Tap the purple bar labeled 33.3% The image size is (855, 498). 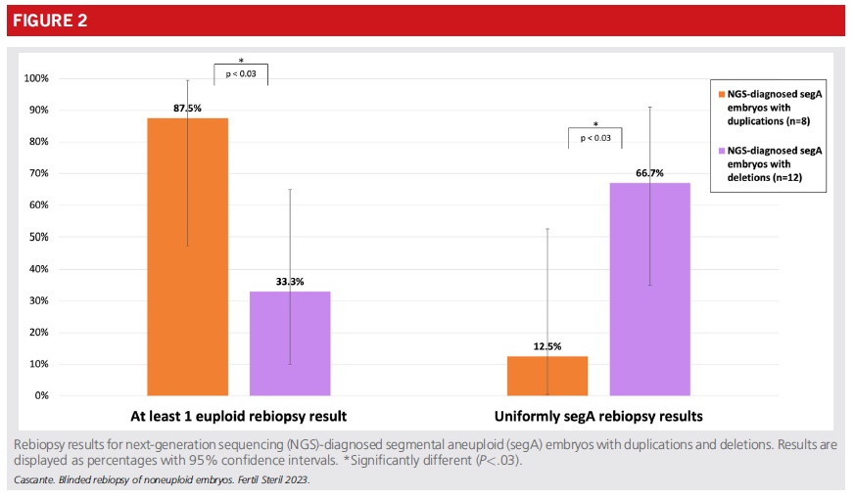click(290, 342)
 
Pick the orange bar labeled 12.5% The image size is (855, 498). click(547, 376)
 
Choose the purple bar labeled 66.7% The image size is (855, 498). click(649, 289)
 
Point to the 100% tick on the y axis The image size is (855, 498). click(35, 78)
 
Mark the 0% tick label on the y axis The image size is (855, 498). click(40, 396)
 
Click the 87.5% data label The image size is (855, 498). click(187, 108)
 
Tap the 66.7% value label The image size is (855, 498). click(649, 173)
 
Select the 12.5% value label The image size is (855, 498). click(547, 346)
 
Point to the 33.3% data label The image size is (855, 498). click(290, 282)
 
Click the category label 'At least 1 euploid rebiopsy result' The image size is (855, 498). click(238, 416)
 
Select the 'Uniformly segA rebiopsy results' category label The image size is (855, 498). click(598, 416)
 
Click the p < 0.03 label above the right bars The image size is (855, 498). click(595, 138)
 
